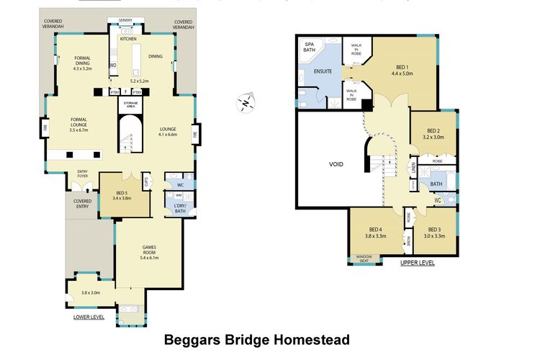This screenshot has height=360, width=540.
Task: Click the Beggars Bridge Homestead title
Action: click(x=258, y=339)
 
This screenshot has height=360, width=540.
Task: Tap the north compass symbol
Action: click(x=246, y=103)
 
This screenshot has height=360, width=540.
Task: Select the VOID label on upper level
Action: click(x=335, y=164)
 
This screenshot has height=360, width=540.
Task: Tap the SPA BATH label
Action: click(x=310, y=48)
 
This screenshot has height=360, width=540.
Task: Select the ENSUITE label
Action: click(x=322, y=71)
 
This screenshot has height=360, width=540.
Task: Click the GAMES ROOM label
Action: click(x=148, y=248)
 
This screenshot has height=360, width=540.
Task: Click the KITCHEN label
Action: click(x=129, y=40)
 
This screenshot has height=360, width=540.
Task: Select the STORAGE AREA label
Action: click(x=130, y=104)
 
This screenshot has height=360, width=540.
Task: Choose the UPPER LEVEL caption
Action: click(x=418, y=263)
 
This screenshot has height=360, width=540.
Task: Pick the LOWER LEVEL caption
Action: click(x=89, y=316)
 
